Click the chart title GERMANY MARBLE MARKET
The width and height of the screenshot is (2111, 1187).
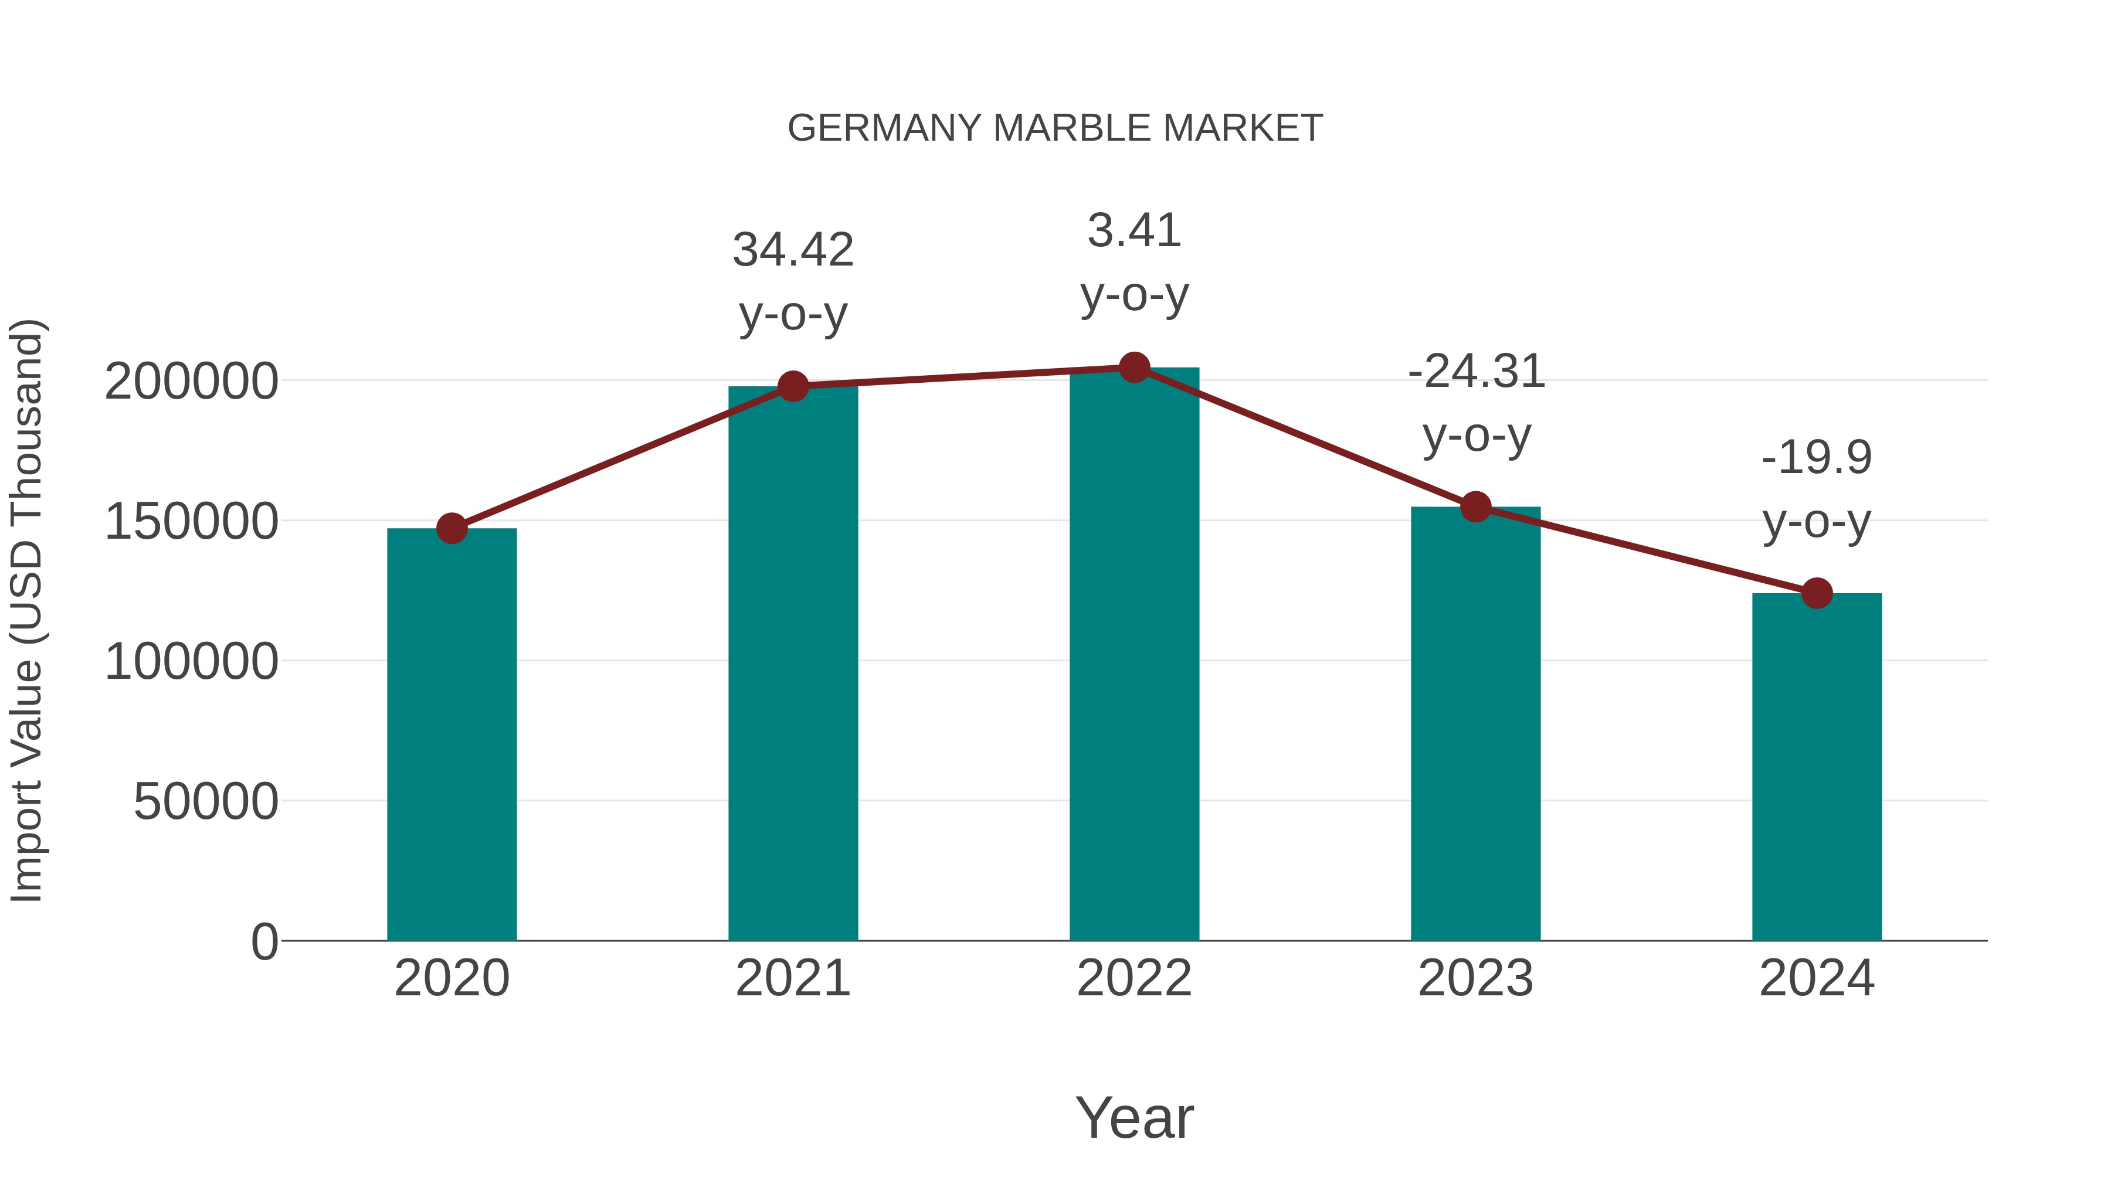coord(1055,128)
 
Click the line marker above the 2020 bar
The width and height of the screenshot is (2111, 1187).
coord(452,528)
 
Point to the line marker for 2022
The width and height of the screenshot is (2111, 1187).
coord(1134,368)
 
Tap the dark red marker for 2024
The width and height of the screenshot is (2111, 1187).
coord(1817,593)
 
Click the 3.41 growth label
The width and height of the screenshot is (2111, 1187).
coord(1134,262)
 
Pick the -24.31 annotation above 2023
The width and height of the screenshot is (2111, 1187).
coord(1476,403)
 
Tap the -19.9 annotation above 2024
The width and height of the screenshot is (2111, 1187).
coord(1817,489)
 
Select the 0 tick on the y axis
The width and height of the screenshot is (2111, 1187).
coord(264,941)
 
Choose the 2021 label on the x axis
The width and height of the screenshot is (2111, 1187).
coord(792,978)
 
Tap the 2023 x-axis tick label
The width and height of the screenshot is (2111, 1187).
coord(1475,978)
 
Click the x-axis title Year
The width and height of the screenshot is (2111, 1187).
coord(1134,1117)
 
